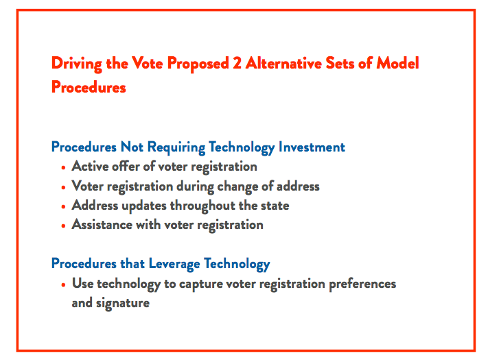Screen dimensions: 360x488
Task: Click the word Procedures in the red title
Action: [89, 88]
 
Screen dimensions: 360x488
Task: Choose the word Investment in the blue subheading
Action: [312, 147]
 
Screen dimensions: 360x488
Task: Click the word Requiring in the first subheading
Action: [174, 147]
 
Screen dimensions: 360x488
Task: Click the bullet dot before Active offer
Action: [63, 167]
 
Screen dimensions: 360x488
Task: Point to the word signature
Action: [125, 303]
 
